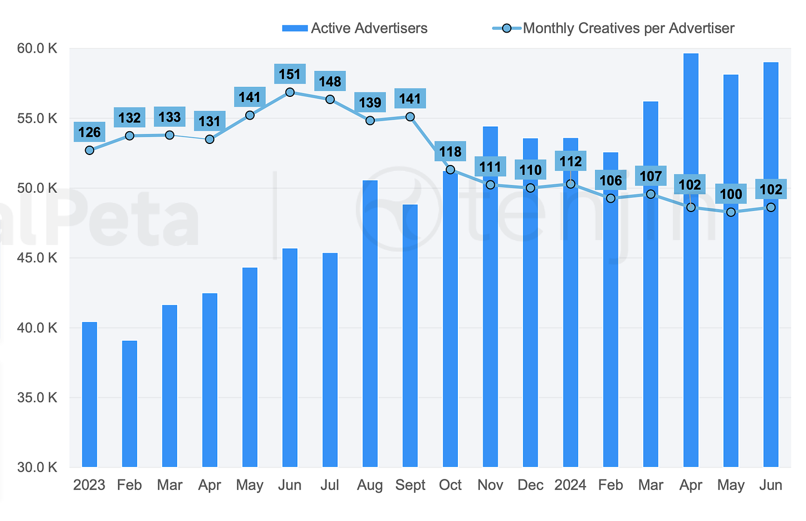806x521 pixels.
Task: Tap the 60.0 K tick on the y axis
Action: (37, 49)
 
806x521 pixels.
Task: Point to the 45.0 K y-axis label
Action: (37, 258)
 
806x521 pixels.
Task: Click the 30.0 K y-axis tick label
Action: (37, 467)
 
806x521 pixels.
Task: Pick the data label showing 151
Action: (290, 74)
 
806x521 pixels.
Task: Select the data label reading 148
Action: (330, 82)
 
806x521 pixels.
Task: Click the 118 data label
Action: (450, 152)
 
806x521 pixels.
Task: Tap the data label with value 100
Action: (731, 194)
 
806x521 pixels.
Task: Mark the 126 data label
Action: (90, 132)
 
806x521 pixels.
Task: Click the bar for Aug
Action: (370, 323)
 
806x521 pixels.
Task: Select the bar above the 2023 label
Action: (90, 394)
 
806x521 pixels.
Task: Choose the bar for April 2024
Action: (691, 260)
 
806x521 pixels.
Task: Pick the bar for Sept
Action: (410, 336)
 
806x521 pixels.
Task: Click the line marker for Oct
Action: (450, 169)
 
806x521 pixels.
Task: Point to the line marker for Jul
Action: (330, 100)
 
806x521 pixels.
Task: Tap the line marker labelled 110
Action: (530, 188)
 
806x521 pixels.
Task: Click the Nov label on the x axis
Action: (490, 486)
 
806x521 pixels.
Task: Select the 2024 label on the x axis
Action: (570, 486)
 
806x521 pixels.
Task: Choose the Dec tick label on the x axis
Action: (530, 486)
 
